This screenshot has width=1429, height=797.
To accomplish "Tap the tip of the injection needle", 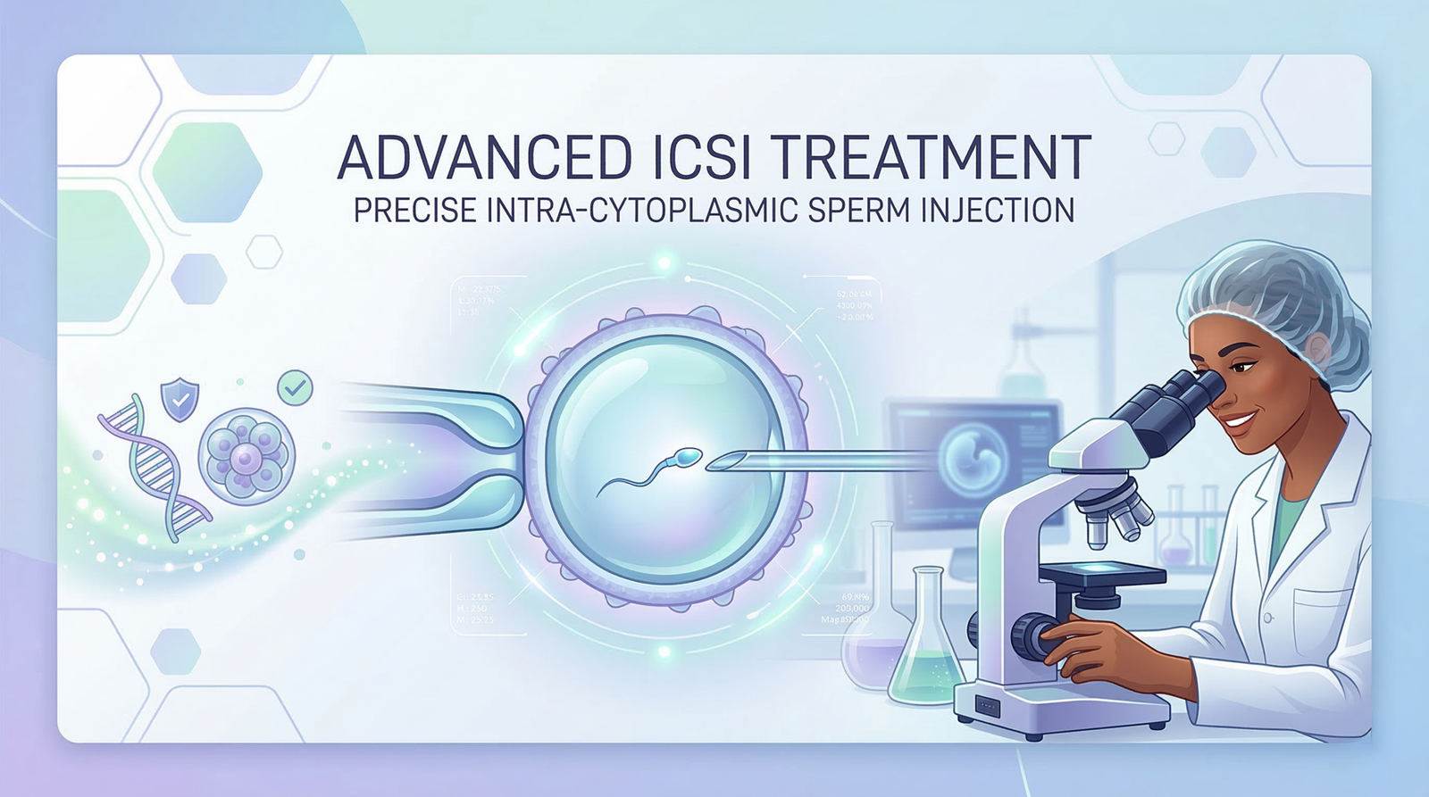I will (710, 464).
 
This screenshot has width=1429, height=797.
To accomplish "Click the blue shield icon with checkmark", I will (180, 399).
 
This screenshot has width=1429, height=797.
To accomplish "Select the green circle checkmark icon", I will (295, 387).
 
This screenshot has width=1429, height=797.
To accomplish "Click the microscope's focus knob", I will (1032, 636).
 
